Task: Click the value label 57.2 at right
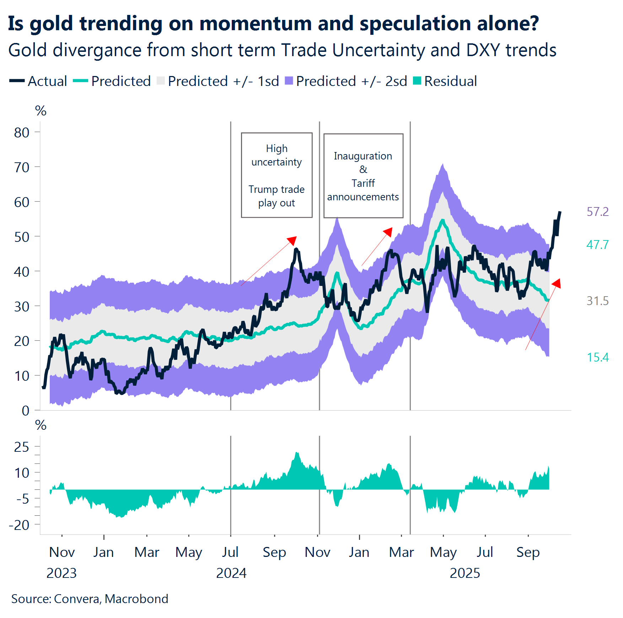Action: click(597, 212)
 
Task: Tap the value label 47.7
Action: click(597, 245)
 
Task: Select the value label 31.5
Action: click(597, 301)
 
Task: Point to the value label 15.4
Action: click(597, 357)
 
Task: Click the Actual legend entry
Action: click(38, 81)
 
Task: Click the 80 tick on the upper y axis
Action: click(22, 132)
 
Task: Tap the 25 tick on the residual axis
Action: click(22, 447)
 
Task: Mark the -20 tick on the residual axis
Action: click(20, 525)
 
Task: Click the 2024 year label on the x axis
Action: click(231, 573)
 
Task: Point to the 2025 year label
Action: click(464, 573)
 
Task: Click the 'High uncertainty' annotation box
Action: click(276, 175)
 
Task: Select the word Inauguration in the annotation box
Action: click(363, 156)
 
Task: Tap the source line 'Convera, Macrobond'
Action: click(111, 599)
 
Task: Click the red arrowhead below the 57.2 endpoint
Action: click(557, 283)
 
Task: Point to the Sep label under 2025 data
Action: click(528, 552)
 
